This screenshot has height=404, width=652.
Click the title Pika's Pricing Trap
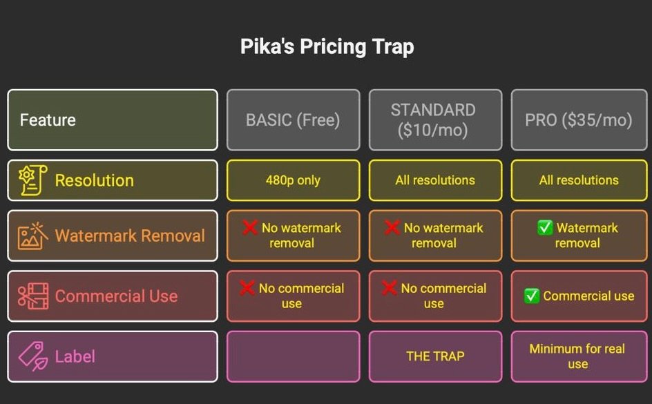pos(327,47)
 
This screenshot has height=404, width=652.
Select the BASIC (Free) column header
pos(293,120)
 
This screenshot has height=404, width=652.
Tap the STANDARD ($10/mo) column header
pos(433,120)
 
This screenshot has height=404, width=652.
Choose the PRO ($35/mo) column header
pos(579,120)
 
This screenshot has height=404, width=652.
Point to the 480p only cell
pos(293,180)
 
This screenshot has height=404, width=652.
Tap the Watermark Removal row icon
pos(32,235)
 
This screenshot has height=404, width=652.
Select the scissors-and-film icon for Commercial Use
pos(32,296)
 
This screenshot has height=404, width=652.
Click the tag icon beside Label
pos(32,356)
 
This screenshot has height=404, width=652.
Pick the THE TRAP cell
pos(435,356)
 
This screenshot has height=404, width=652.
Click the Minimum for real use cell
pos(577,356)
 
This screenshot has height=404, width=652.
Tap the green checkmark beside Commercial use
pos(531,296)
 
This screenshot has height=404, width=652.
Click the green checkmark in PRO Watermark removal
pos(545,228)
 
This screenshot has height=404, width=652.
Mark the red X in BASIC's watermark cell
pos(250,227)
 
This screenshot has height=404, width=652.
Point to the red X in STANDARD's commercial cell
pos(392,288)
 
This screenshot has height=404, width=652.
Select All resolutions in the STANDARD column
pos(435,180)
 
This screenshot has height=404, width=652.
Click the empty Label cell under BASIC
pos(293,356)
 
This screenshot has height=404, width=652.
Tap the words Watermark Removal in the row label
pos(130,235)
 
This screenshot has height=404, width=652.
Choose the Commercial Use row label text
pos(116,296)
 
